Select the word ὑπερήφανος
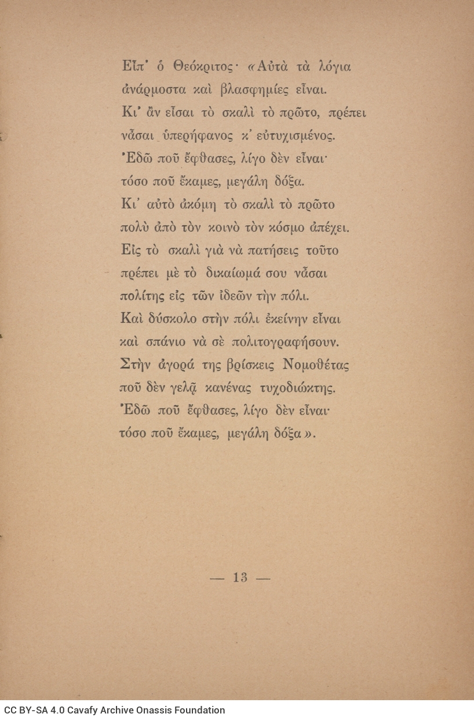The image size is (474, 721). click(194, 137)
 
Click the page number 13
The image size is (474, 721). click(240, 577)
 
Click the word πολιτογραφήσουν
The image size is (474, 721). click(285, 342)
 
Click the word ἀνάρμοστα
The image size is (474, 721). click(148, 90)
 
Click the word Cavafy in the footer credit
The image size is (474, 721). click(77, 710)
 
